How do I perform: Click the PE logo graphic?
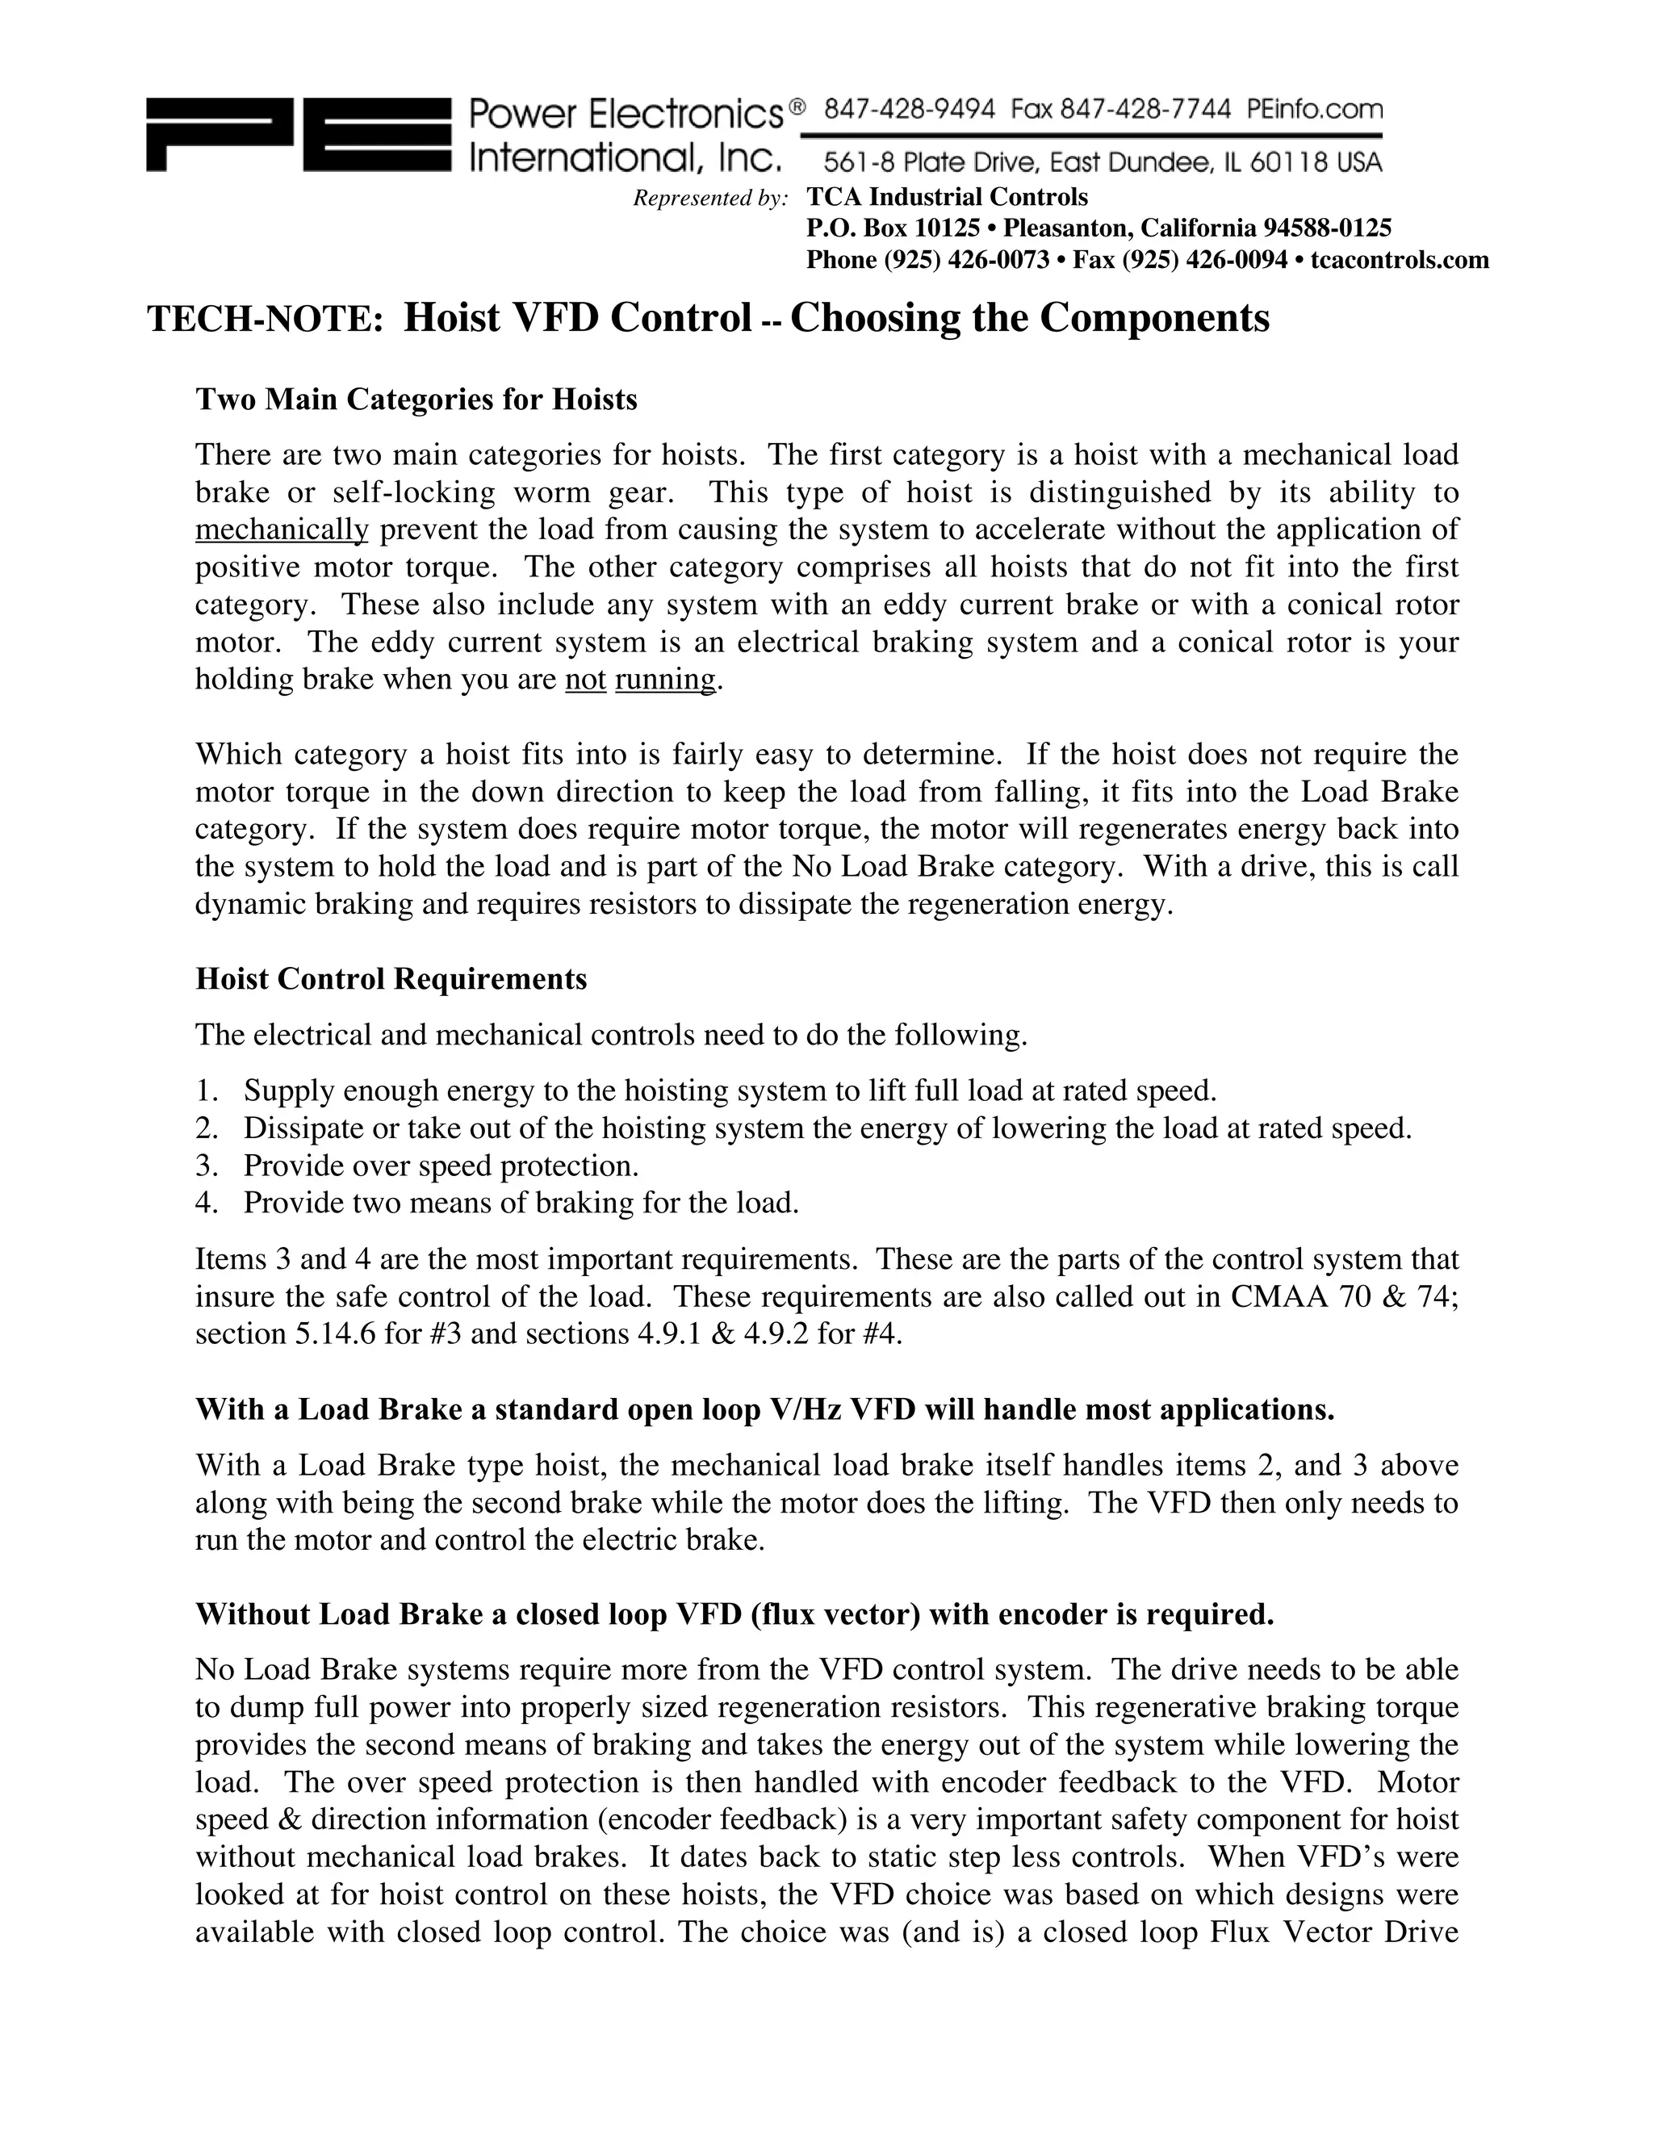click(x=299, y=135)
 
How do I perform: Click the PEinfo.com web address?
click(x=1315, y=110)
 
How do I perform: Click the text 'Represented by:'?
click(x=711, y=199)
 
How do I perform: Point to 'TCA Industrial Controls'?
click(x=947, y=198)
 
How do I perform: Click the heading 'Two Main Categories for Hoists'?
click(x=416, y=400)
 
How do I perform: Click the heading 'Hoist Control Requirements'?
click(x=391, y=978)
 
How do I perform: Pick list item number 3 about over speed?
click(x=441, y=1166)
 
